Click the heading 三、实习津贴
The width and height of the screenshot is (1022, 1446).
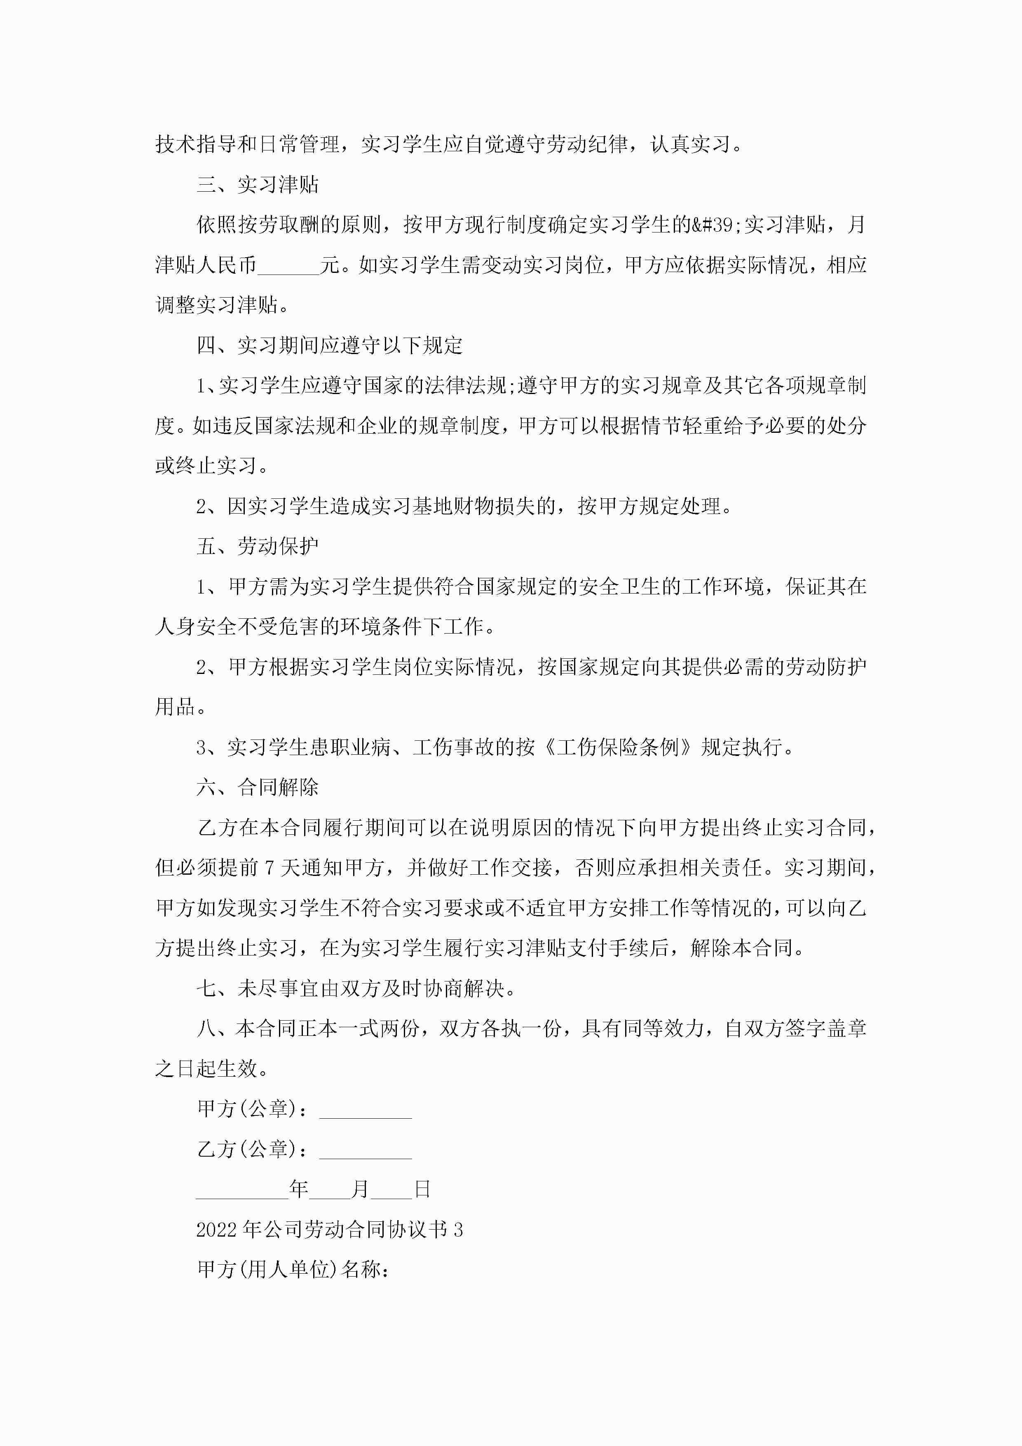point(258,185)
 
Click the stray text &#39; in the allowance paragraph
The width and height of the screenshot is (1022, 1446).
point(717,225)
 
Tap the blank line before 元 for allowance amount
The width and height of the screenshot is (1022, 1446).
point(288,265)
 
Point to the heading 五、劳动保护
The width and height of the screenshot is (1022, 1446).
point(258,546)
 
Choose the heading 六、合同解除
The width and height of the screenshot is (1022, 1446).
point(258,787)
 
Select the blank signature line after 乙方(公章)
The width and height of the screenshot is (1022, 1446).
point(365,1149)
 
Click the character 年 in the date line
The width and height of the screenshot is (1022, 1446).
point(298,1189)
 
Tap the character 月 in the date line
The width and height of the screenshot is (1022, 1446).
point(360,1189)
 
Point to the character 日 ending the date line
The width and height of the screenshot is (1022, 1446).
point(422,1189)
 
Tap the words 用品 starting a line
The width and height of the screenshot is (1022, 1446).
point(174,707)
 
